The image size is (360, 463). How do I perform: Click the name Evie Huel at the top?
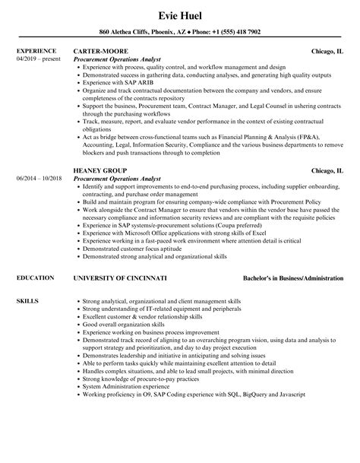pyautogui.click(x=179, y=15)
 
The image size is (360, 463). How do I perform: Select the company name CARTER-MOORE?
pyautogui.click(x=103, y=52)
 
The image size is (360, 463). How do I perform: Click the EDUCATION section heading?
pyautogui.click(x=35, y=278)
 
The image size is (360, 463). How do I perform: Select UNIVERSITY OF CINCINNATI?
pyautogui.click(x=119, y=278)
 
